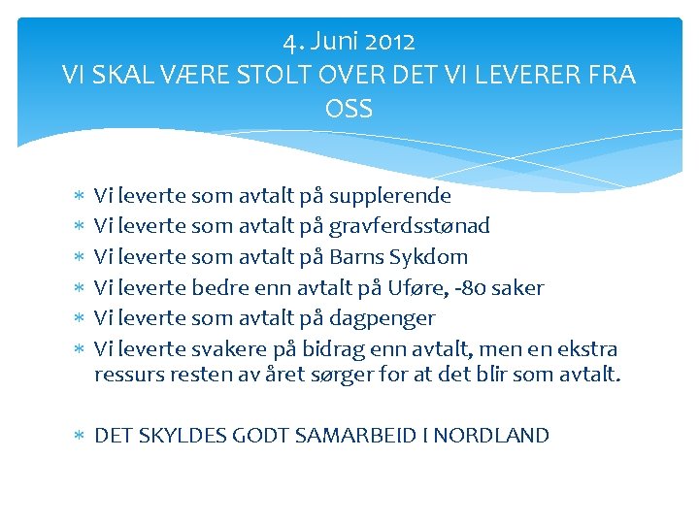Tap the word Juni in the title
[x=334, y=42]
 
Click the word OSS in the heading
[x=349, y=109]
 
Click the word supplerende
[x=390, y=196]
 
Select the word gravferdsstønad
[x=410, y=226]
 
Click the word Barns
[x=357, y=257]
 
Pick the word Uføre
[x=440, y=287]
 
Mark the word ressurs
[x=128, y=375]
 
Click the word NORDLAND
[x=491, y=436]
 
